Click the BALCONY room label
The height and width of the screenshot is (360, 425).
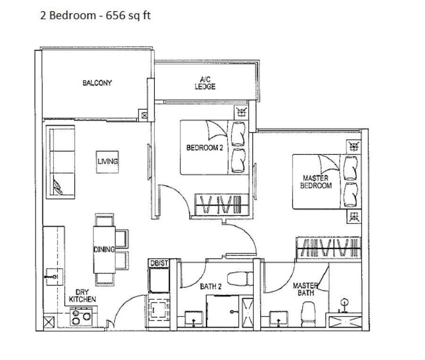pyautogui.click(x=97, y=83)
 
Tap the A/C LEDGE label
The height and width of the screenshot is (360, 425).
pyautogui.click(x=205, y=83)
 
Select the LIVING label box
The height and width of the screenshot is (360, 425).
pyautogui.click(x=108, y=162)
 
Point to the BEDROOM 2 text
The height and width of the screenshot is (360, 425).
pyautogui.click(x=204, y=148)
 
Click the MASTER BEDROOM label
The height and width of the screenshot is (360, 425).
pyautogui.click(x=316, y=182)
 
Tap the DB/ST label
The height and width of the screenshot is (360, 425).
pyautogui.click(x=159, y=263)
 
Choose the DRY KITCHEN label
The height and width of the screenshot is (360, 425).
pyautogui.click(x=82, y=296)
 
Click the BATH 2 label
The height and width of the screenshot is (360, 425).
pyautogui.click(x=211, y=286)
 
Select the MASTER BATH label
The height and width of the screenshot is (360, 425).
pyautogui.click(x=306, y=289)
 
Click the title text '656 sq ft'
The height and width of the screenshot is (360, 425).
pyautogui.click(x=128, y=16)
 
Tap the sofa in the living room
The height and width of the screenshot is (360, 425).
pyautogui.click(x=60, y=162)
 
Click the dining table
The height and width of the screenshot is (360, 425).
pyautogui.click(x=104, y=249)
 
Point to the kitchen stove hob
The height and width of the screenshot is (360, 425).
pyautogui.click(x=81, y=317)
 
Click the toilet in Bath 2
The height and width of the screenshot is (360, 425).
pyautogui.click(x=240, y=279)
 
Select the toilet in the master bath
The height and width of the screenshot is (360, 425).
pyautogui.click(x=308, y=314)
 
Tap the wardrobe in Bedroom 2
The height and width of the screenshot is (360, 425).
pyautogui.click(x=222, y=205)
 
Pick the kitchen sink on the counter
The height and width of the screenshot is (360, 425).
pyautogui.click(x=54, y=277)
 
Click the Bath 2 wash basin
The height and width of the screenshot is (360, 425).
pyautogui.click(x=194, y=317)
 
